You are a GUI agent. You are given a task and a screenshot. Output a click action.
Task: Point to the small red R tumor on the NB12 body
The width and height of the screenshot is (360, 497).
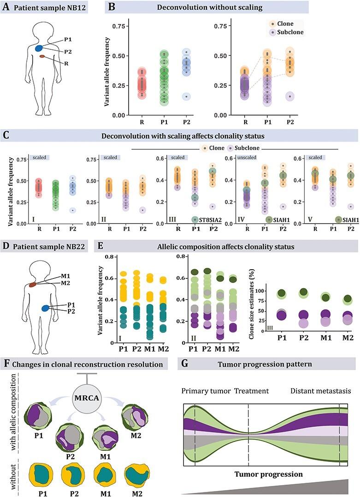click(42, 56)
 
